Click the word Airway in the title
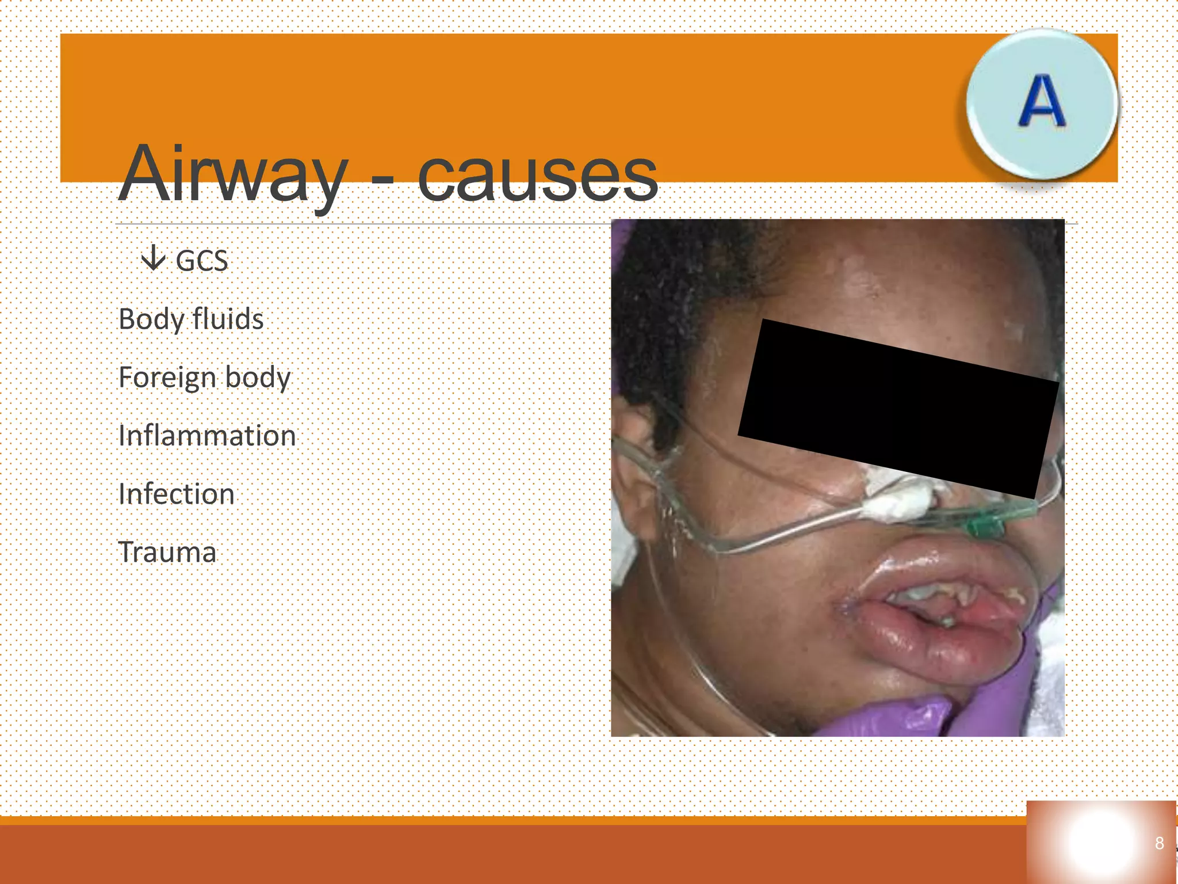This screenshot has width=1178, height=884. coord(233,174)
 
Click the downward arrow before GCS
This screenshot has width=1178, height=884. coord(153,258)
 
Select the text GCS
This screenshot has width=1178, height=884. coord(202,261)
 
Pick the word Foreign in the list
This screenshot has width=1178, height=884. coord(167,378)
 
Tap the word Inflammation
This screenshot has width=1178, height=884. coord(207,436)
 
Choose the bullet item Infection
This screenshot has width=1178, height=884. coord(177,494)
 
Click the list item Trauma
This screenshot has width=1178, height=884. coord(167,552)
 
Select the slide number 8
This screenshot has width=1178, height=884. coord(1159,843)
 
